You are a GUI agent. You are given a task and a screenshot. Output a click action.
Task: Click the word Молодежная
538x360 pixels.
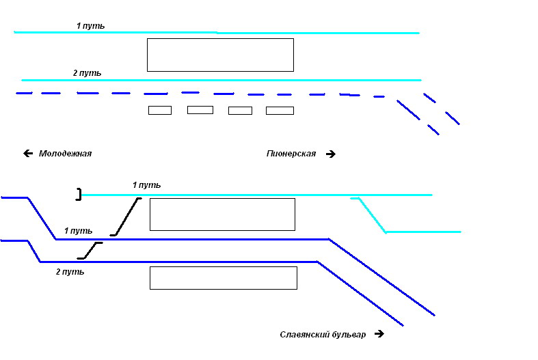[65, 154]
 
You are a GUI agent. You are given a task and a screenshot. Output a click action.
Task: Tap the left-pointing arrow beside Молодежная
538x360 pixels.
[28, 154]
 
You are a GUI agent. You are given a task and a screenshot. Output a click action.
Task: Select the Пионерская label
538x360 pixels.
[291, 154]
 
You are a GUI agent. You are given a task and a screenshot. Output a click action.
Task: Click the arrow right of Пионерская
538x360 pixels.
[331, 154]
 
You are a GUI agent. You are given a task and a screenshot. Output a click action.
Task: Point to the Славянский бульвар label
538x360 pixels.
[323, 335]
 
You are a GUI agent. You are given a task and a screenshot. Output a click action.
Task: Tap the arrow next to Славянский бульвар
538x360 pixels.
[379, 335]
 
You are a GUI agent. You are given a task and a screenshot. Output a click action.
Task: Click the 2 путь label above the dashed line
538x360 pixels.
[88, 72]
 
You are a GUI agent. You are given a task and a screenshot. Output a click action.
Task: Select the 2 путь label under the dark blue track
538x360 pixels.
[70, 272]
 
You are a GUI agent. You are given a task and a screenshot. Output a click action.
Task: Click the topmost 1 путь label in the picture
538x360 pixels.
[90, 26]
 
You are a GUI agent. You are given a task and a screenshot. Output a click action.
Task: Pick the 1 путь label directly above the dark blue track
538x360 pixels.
[78, 231]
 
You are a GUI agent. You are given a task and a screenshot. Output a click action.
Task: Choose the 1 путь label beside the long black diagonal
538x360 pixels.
[146, 185]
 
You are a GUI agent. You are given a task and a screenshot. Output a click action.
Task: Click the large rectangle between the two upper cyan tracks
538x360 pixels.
[220, 55]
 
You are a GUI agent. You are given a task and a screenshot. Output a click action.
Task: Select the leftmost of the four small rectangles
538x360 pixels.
[160, 110]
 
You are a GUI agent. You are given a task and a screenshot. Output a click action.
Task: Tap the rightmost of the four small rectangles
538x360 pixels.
[280, 110]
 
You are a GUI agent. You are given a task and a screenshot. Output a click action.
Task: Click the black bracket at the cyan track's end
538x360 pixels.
[79, 195]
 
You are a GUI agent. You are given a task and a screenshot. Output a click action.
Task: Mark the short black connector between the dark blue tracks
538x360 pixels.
[90, 251]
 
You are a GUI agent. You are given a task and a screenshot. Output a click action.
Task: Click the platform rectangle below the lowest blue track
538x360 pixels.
[223, 278]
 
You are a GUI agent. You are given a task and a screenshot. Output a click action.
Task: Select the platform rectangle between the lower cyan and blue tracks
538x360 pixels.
[222, 214]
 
